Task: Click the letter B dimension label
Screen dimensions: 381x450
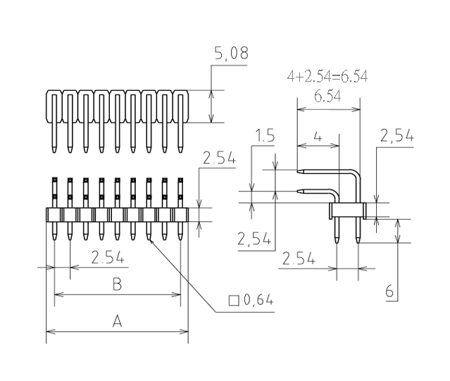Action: pos(118,284)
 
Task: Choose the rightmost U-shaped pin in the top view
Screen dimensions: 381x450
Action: pos(180,106)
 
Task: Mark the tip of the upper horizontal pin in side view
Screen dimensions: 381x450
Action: pos(299,170)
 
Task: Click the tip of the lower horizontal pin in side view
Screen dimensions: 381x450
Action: pos(299,190)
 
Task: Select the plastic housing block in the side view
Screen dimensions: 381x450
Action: pos(348,210)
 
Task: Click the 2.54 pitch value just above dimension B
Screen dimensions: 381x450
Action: pos(108,258)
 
